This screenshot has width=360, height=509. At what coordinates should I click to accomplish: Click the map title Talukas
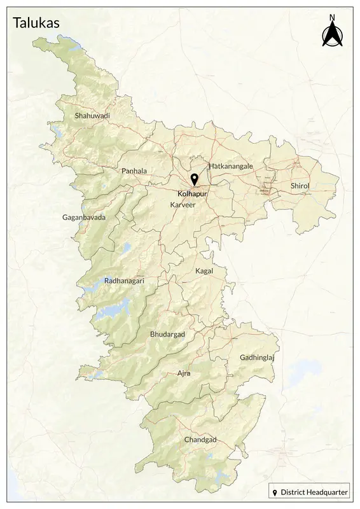37,23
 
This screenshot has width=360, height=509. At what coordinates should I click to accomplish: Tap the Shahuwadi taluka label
92,116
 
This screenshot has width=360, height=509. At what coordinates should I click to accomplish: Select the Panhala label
134,171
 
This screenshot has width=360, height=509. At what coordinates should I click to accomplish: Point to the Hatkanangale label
231,165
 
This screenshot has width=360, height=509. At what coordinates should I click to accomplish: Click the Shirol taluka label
300,185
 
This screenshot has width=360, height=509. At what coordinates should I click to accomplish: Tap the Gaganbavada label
84,218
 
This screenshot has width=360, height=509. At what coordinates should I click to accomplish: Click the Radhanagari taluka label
125,280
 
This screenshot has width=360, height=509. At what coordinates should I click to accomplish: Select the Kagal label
204,271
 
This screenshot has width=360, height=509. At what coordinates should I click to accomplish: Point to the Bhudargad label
167,334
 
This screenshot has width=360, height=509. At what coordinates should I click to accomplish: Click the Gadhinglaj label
256,358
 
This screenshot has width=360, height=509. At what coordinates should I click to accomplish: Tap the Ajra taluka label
184,373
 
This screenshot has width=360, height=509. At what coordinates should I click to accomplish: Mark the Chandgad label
200,440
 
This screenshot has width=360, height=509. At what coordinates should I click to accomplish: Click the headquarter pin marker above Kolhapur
194,179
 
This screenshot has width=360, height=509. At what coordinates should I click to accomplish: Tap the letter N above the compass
332,18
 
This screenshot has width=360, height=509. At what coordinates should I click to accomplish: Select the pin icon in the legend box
275,493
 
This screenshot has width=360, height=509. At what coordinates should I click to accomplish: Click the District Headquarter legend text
314,493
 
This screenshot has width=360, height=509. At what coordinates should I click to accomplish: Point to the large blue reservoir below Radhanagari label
111,312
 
